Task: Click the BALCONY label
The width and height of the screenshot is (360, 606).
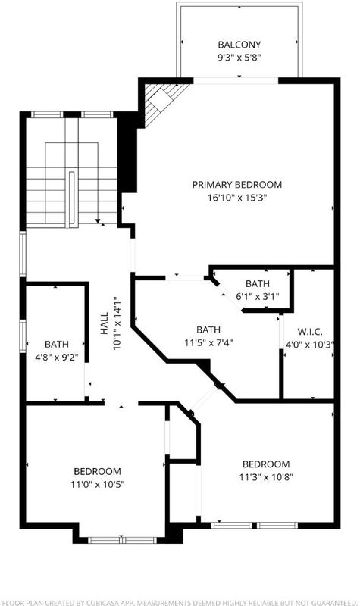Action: click(x=239, y=45)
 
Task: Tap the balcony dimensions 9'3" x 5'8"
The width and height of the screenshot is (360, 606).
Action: click(x=239, y=58)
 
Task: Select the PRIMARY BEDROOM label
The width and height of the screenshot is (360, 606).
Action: click(x=237, y=184)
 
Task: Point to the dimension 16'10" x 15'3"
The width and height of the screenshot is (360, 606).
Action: click(x=237, y=198)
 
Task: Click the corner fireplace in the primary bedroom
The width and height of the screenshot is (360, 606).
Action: click(x=162, y=102)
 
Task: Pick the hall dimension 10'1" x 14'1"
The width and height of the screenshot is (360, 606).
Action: click(x=117, y=323)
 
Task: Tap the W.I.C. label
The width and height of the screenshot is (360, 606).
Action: click(x=310, y=332)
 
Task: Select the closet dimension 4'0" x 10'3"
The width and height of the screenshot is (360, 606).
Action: click(x=309, y=345)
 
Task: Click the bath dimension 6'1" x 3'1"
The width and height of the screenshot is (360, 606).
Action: click(x=258, y=297)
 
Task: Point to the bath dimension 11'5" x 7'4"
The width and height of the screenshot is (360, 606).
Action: click(x=208, y=342)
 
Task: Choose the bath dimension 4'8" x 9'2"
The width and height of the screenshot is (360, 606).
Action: click(x=57, y=357)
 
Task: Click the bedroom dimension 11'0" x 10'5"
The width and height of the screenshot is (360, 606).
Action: click(x=98, y=484)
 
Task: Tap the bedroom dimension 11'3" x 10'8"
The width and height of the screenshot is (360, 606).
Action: click(x=266, y=477)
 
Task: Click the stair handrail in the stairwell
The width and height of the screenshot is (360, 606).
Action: click(x=71, y=199)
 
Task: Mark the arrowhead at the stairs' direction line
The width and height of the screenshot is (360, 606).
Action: click(x=98, y=221)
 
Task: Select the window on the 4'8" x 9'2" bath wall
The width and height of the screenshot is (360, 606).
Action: click(x=23, y=336)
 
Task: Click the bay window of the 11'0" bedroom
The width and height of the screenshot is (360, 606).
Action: click(x=122, y=540)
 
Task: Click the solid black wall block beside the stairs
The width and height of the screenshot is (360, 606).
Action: click(x=127, y=152)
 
